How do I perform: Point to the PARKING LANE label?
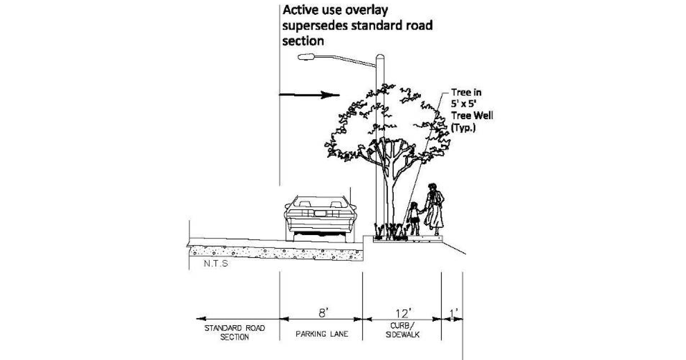point(322,334)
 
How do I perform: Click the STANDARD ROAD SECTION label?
point(235,332)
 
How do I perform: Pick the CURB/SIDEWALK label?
point(400,332)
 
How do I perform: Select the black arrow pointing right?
point(309,95)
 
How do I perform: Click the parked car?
point(320,217)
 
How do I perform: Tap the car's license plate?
point(320,213)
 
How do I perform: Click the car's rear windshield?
point(320,201)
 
